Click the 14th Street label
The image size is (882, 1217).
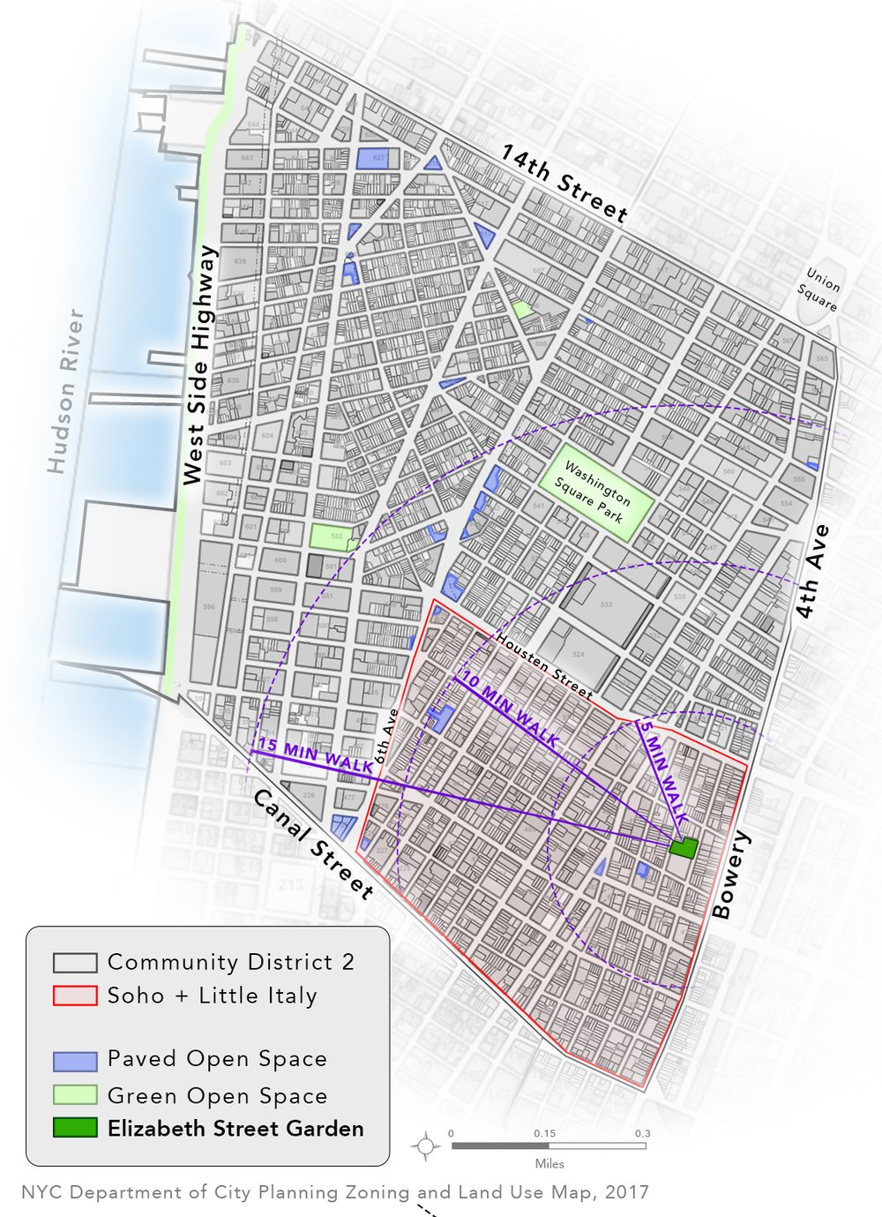coord(564,184)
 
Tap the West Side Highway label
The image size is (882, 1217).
coord(199,364)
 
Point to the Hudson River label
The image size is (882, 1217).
coord(65,390)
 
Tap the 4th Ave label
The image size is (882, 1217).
coord(811,571)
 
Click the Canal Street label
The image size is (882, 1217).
coord(313,844)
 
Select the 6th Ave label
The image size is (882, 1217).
coord(386,736)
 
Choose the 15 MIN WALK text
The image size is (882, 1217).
coord(315,756)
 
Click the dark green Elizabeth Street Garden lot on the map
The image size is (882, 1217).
coord(683,847)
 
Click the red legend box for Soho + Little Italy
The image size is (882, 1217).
coord(74,995)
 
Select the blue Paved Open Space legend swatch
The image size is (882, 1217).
coord(74,1059)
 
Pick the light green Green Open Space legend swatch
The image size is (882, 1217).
coord(74,1095)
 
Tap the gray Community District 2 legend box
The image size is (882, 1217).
coord(74,962)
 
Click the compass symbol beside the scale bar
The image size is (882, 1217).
coord(426,1146)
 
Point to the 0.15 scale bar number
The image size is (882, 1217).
coord(544,1133)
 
